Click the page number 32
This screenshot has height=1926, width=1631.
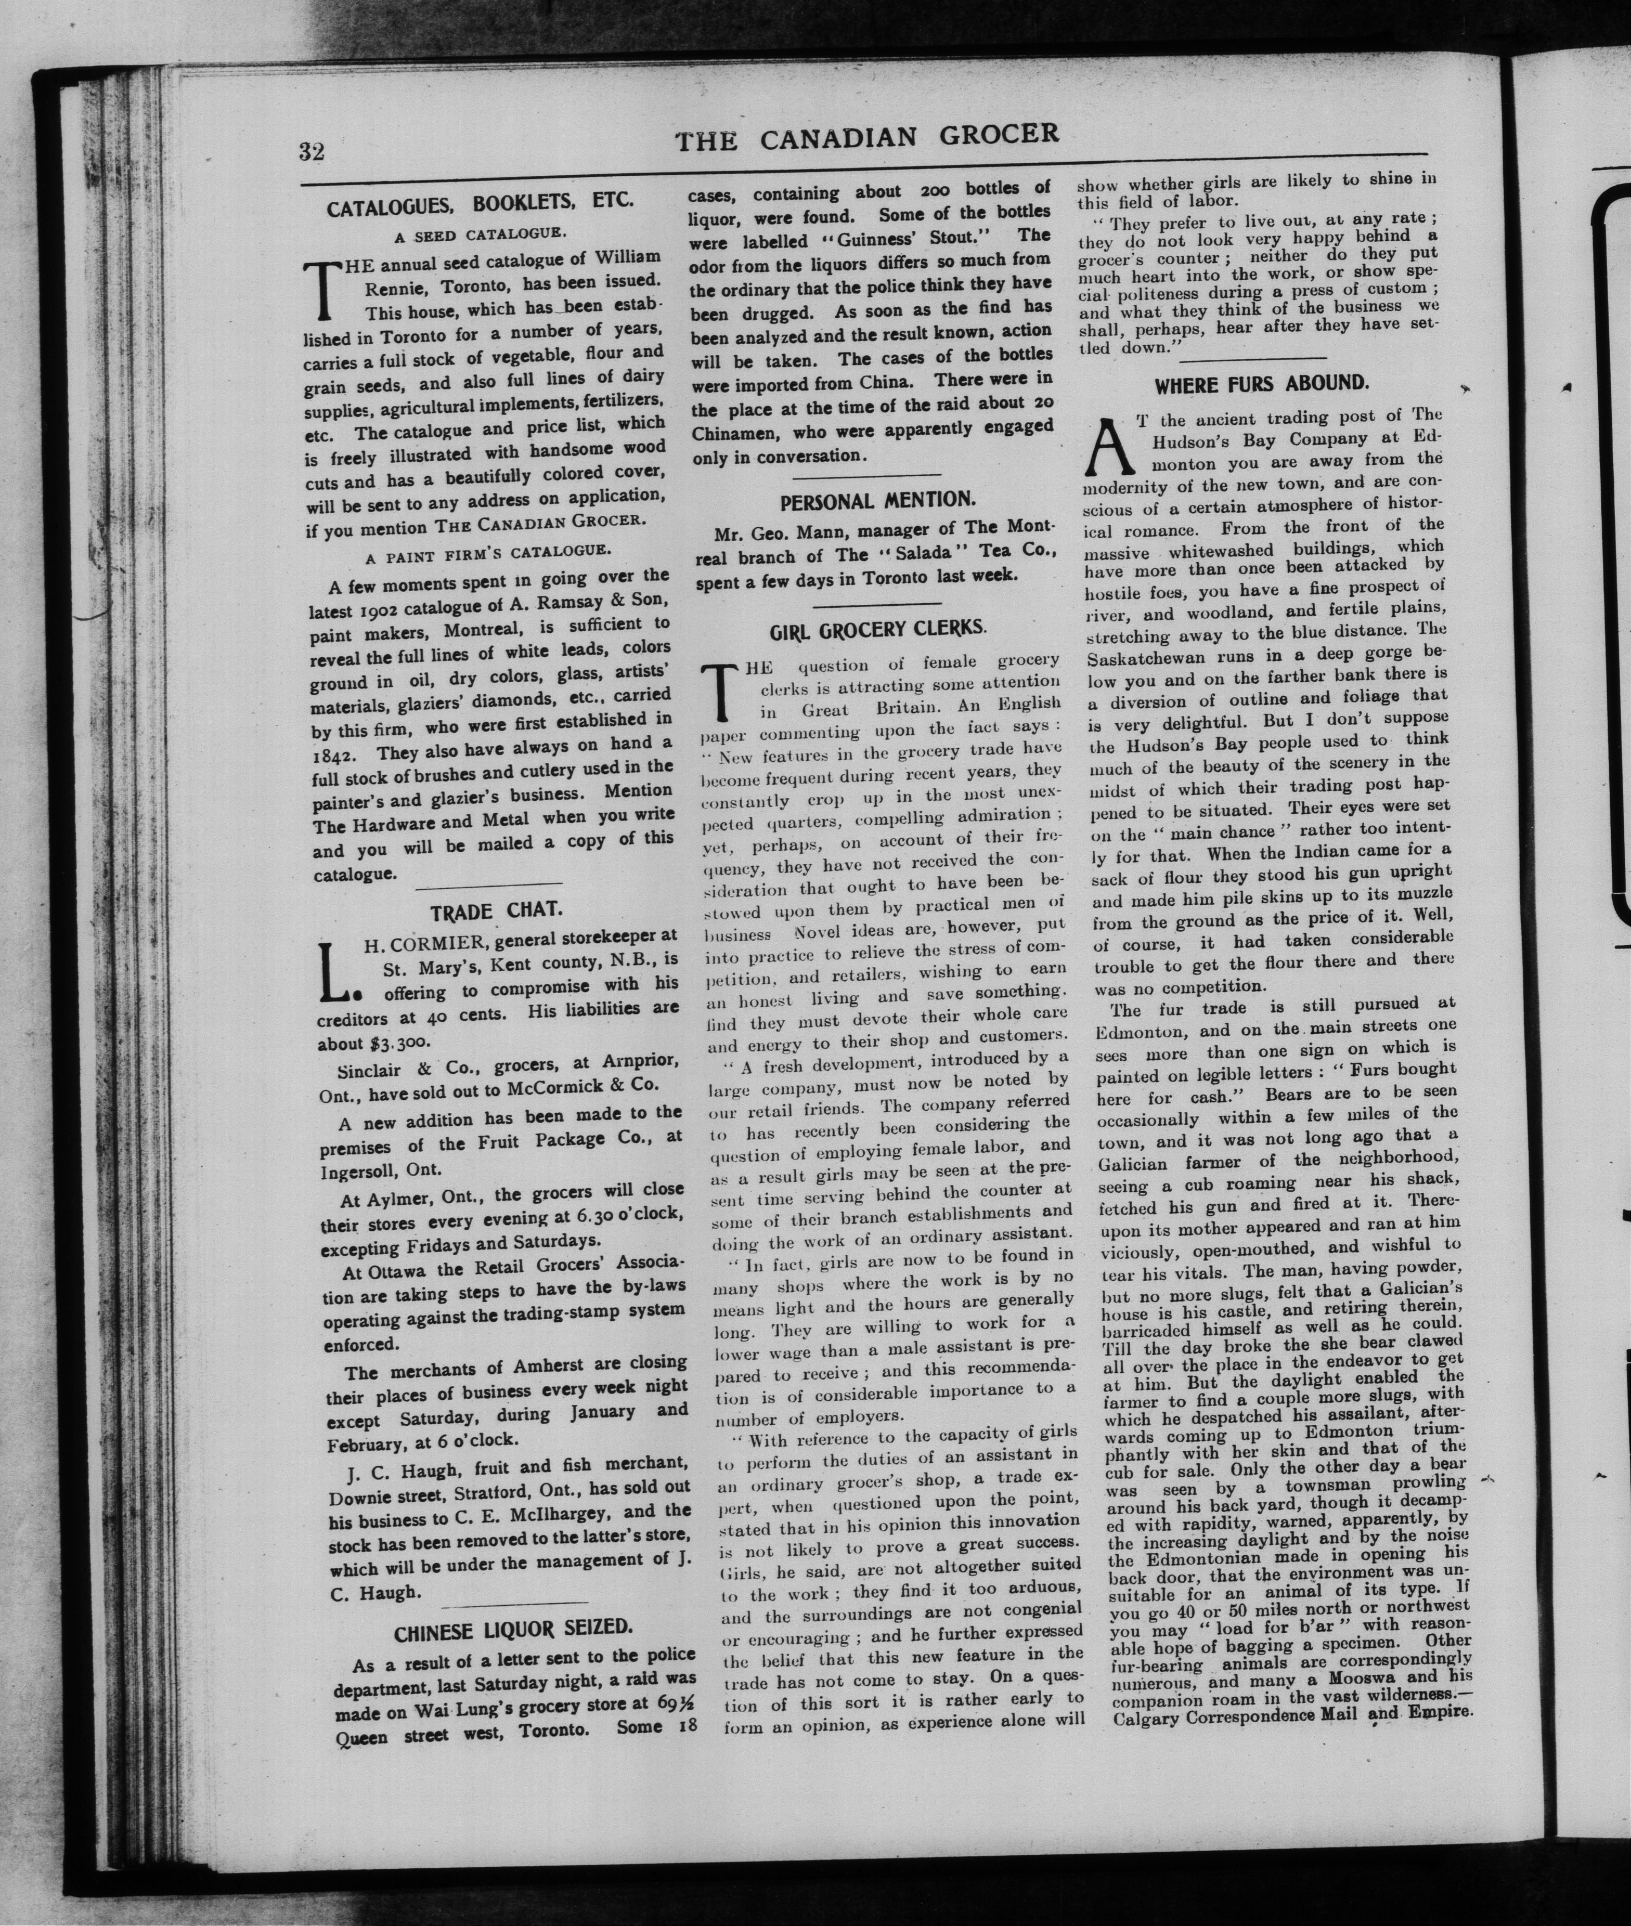312,151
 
